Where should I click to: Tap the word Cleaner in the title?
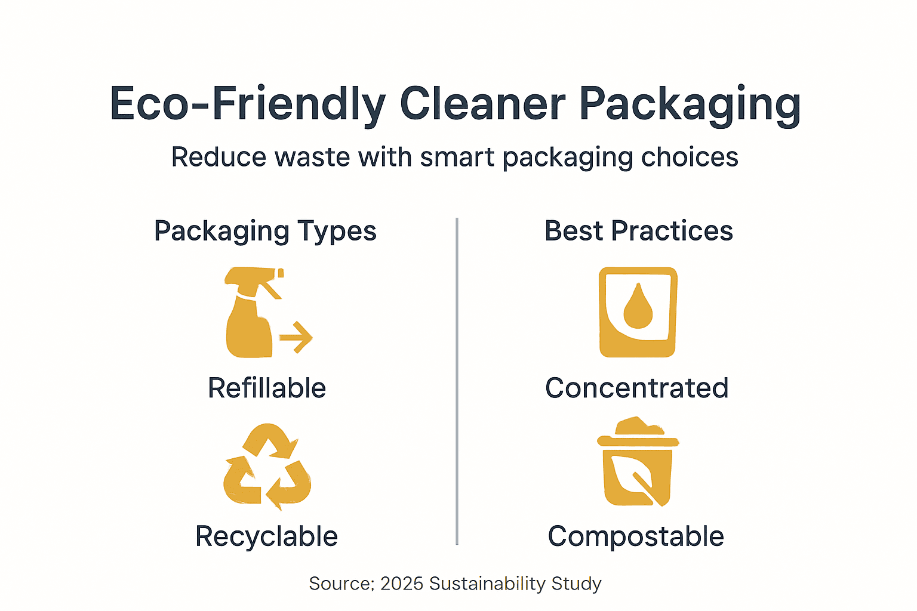pos(482,104)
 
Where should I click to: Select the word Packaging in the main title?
pos(690,105)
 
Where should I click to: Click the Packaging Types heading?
pos(265,232)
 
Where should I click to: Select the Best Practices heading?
pos(638,231)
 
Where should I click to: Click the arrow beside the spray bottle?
pos(297,338)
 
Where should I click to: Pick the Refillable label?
pos(267,388)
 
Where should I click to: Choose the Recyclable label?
pos(266,536)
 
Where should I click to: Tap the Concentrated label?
pos(636,388)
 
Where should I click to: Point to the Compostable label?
pos(636,536)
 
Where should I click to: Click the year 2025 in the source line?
pos(402,584)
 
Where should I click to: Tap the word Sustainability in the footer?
pos(487,584)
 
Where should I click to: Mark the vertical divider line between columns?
pos(457,382)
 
